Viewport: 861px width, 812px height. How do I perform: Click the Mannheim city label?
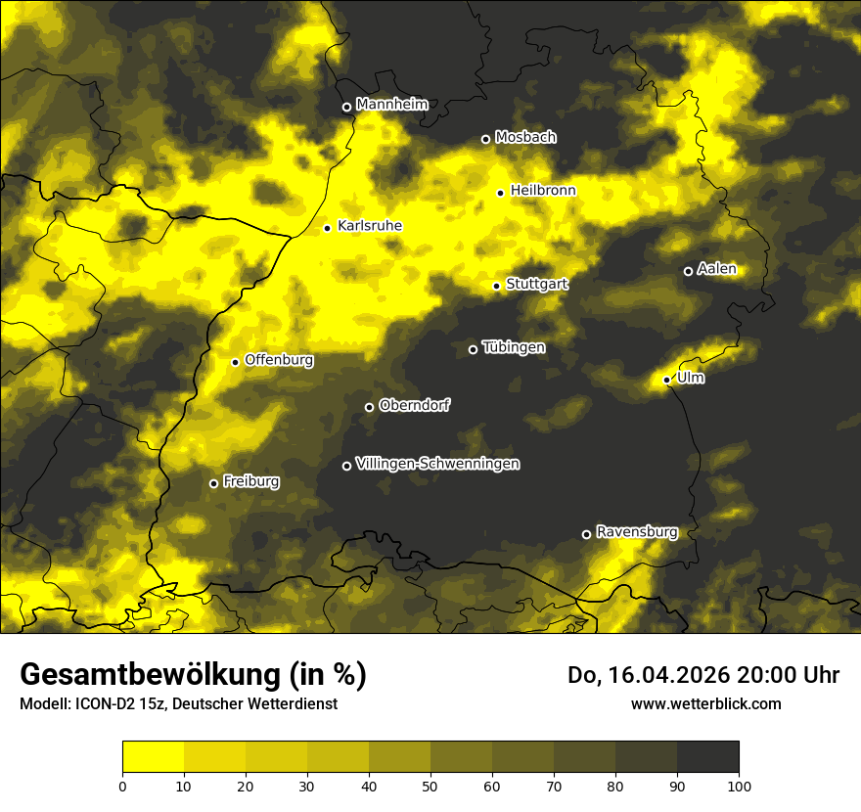[392, 105]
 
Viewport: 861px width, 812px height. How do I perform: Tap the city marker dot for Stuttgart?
[497, 286]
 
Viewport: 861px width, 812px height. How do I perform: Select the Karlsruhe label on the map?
[370, 226]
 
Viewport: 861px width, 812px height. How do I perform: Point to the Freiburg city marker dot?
[214, 483]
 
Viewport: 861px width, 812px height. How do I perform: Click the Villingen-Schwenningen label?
[438, 464]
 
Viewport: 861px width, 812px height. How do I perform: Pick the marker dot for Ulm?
[667, 380]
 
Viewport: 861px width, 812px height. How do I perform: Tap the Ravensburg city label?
[637, 532]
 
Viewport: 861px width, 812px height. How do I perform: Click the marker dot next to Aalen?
[688, 271]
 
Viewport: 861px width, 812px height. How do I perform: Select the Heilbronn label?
[543, 191]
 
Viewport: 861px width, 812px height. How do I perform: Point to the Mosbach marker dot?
[485, 139]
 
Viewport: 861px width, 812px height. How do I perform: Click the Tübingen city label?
[515, 347]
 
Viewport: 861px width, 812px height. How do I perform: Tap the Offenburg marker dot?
[235, 362]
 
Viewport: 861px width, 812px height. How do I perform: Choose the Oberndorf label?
[415, 405]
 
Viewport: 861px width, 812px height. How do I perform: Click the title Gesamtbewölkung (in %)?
[193, 675]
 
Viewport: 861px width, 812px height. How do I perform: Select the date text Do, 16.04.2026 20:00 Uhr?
[703, 675]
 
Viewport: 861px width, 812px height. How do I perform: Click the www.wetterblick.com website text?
[706, 703]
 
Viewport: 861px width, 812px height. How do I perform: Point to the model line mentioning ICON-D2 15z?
[179, 703]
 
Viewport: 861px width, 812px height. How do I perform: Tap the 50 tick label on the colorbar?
[430, 785]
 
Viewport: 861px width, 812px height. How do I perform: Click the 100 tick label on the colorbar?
[739, 785]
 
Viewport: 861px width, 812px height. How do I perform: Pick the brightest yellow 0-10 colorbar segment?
[154, 757]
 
